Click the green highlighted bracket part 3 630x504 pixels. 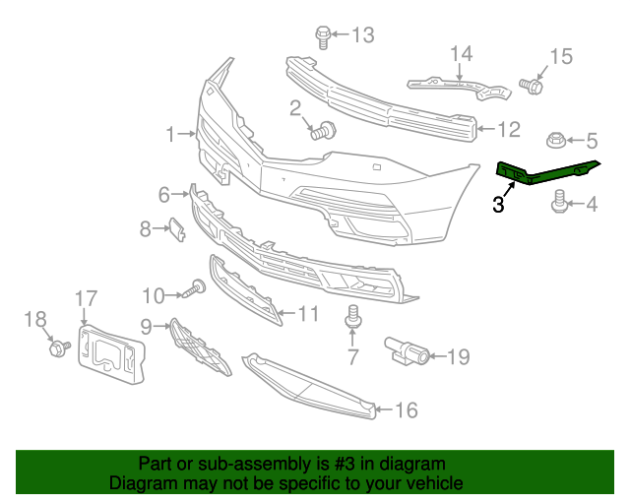[x=547, y=172]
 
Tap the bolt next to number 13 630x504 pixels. [x=322, y=36]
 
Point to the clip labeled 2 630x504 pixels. [x=324, y=130]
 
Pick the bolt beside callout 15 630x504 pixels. [x=532, y=86]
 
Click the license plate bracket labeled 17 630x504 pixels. [x=110, y=351]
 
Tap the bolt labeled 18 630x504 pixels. [x=57, y=346]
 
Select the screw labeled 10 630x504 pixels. [x=194, y=290]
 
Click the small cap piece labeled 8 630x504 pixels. [x=177, y=229]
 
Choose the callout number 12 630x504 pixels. [x=508, y=128]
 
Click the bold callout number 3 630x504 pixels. [x=498, y=205]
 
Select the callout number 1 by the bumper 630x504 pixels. [x=170, y=133]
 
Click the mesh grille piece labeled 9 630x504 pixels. [x=200, y=348]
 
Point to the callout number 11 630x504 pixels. [x=308, y=314]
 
